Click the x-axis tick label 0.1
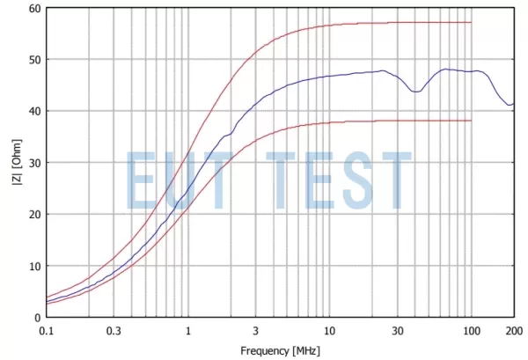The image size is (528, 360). tap(47, 331)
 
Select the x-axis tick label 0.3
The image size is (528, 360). tap(114, 331)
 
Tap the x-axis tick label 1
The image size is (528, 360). tap(188, 331)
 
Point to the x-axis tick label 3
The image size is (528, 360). tap(255, 331)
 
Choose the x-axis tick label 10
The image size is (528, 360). tap(329, 331)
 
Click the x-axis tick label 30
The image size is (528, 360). tap(397, 331)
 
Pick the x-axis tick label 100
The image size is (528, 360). tap(471, 331)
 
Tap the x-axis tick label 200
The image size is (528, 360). tap(513, 331)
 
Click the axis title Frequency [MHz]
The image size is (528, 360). tap(280, 350)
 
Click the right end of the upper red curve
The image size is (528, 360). tap(472, 22)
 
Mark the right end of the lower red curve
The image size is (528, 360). tap(472, 121)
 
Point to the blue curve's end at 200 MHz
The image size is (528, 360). tap(514, 104)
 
